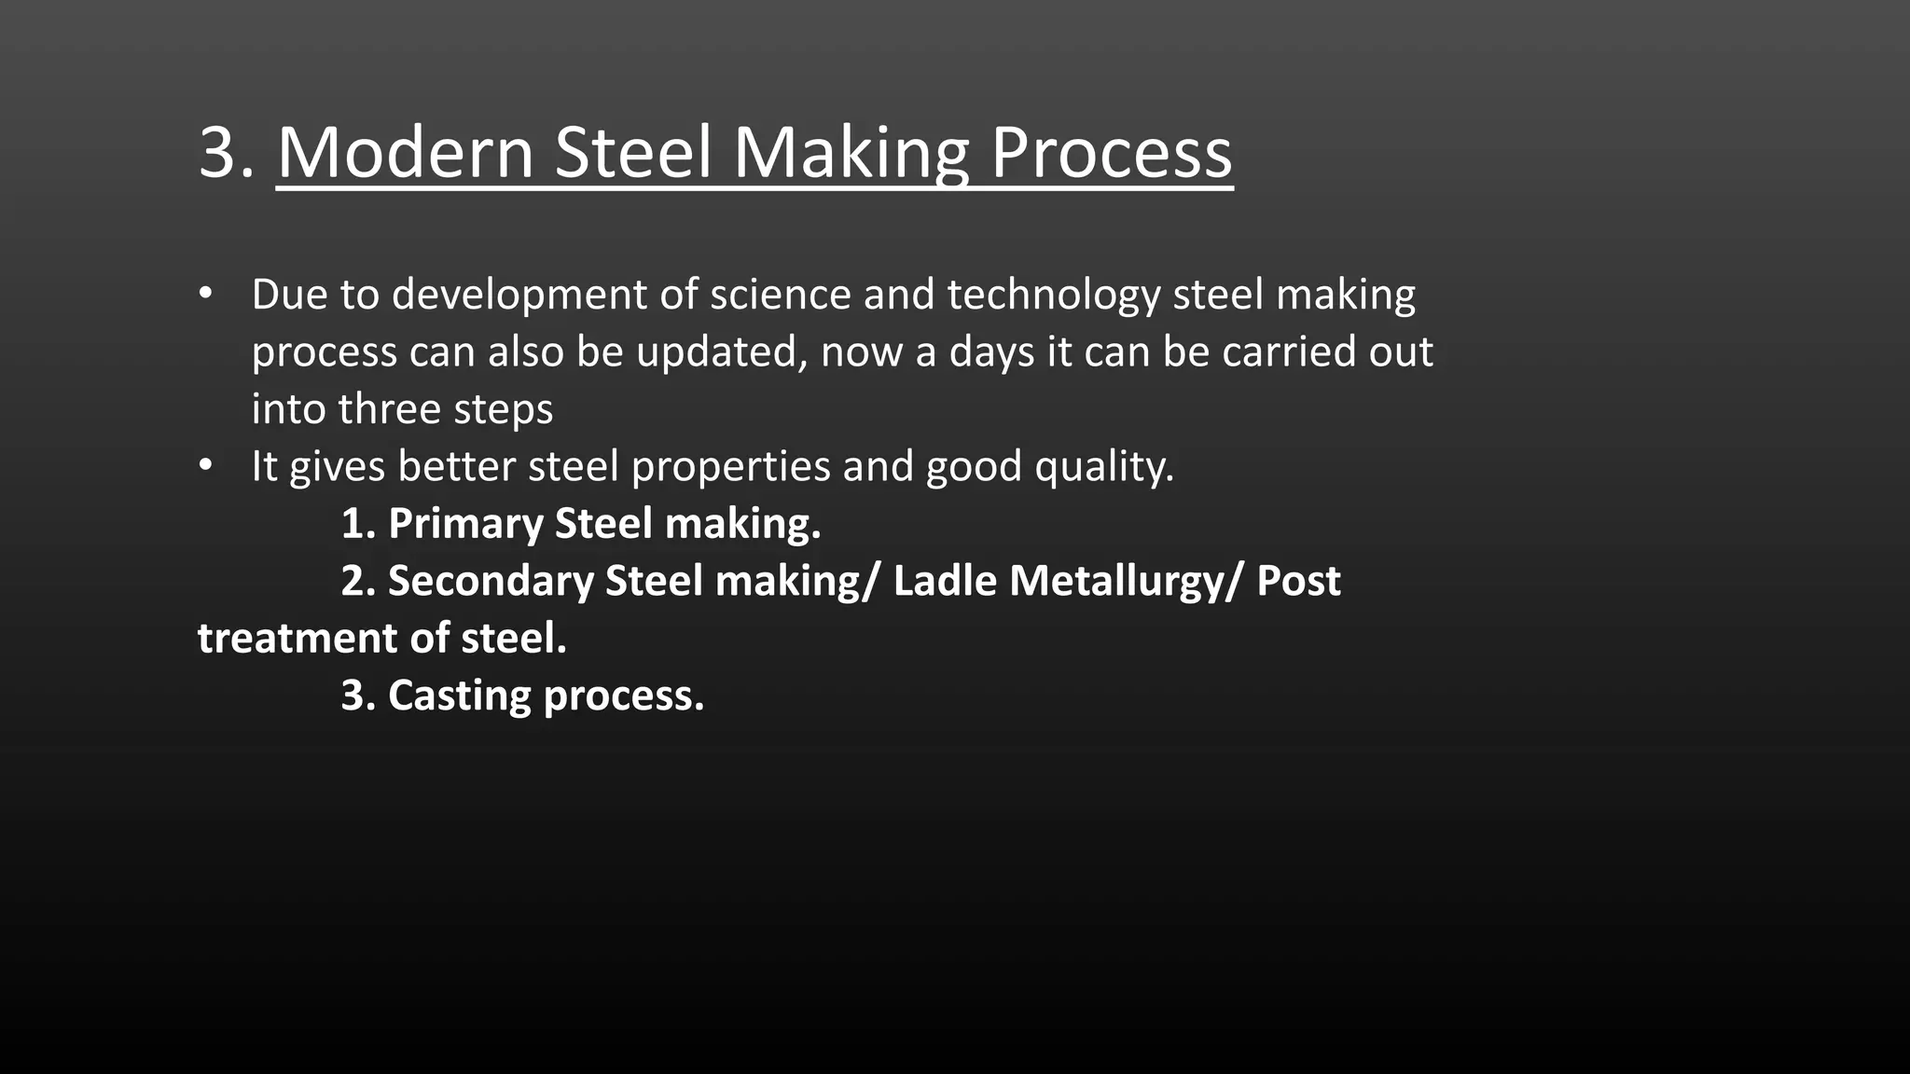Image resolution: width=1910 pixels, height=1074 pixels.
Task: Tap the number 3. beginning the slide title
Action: click(226, 153)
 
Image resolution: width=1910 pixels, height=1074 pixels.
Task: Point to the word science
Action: click(780, 296)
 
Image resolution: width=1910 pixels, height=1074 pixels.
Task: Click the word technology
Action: click(1054, 296)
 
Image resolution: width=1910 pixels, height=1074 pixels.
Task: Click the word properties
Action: click(730, 467)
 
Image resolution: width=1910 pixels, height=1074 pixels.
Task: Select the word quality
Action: click(1104, 467)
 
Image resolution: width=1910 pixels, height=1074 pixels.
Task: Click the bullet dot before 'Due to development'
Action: click(206, 295)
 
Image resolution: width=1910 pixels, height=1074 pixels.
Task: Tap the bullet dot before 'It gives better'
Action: click(206, 465)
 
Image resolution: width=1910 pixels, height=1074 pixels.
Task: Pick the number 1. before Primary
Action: click(358, 524)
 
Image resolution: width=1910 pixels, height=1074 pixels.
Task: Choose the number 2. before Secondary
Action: click(358, 581)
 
